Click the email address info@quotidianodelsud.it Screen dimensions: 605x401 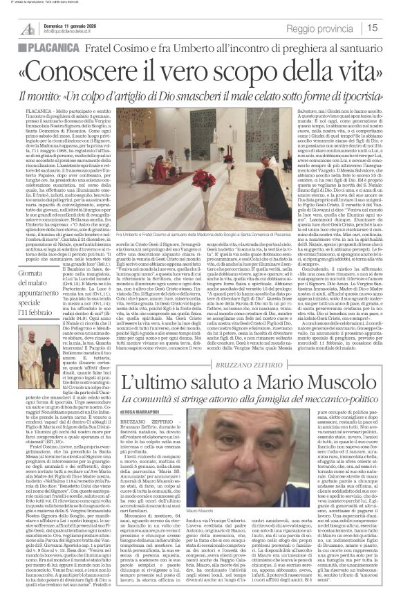73,32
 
